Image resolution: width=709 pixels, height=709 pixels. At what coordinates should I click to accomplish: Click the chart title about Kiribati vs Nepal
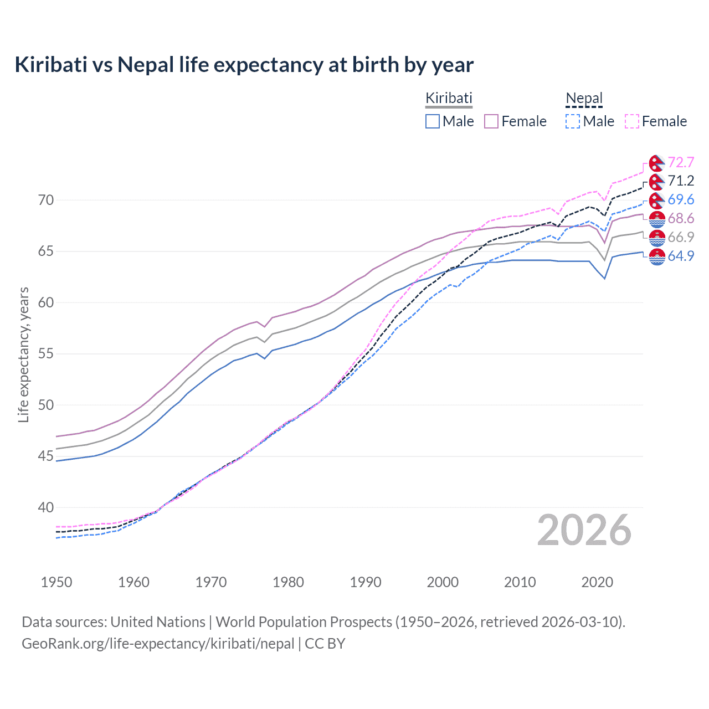pos(244,65)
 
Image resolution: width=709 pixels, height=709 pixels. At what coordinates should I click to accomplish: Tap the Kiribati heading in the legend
pos(449,98)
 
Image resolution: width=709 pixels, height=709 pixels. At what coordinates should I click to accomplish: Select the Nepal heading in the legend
pos(584,98)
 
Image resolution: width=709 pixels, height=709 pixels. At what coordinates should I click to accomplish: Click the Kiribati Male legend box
pos(433,121)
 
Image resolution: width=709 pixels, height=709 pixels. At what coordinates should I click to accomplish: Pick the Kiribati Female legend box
pos(491,121)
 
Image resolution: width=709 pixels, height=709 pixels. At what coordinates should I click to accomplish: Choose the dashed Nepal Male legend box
pos(573,121)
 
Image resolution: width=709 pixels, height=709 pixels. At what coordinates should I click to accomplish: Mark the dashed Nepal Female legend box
pos(632,121)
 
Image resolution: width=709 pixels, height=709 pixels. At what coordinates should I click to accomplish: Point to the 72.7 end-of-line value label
pos(681,162)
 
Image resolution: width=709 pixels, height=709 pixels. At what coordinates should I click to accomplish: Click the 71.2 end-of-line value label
pos(681,181)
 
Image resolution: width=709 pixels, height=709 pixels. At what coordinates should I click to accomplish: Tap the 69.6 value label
pos(681,199)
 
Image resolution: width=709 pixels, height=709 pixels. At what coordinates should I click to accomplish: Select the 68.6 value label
pos(681,218)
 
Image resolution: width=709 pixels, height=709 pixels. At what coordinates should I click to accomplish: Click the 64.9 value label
pos(681,256)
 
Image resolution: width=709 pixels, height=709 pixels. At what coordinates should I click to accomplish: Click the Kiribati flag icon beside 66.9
pos(657,238)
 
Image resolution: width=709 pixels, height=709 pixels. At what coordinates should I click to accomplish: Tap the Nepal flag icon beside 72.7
pos(657,163)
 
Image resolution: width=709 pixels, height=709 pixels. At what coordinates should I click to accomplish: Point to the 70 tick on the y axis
pos(46,200)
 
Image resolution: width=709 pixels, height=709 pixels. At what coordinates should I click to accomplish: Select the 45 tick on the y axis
pos(46,456)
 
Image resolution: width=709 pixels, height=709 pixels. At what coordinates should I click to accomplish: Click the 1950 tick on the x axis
pos(56,582)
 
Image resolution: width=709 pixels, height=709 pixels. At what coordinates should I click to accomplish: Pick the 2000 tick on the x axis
pos(443,582)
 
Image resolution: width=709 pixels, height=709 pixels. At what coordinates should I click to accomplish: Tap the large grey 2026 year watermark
pos(584,530)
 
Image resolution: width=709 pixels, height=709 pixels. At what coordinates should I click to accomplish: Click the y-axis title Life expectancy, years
pos(24,354)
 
